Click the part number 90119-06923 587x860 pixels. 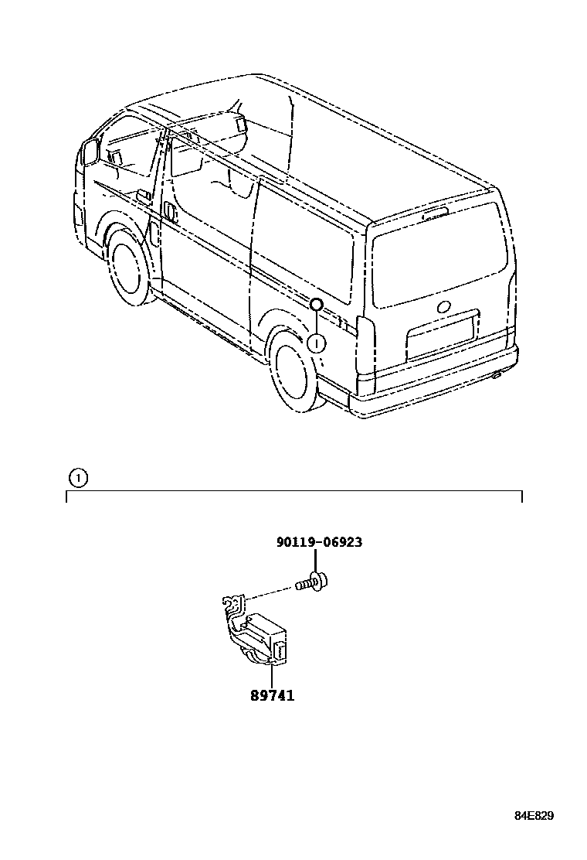[319, 542]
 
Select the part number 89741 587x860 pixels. [272, 695]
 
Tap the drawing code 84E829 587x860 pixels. [534, 816]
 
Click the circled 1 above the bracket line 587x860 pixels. [77, 477]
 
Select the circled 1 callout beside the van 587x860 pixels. [317, 342]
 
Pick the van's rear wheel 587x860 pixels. [294, 374]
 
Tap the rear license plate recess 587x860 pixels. [441, 335]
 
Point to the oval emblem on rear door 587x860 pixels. [444, 305]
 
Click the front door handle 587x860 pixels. [169, 213]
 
